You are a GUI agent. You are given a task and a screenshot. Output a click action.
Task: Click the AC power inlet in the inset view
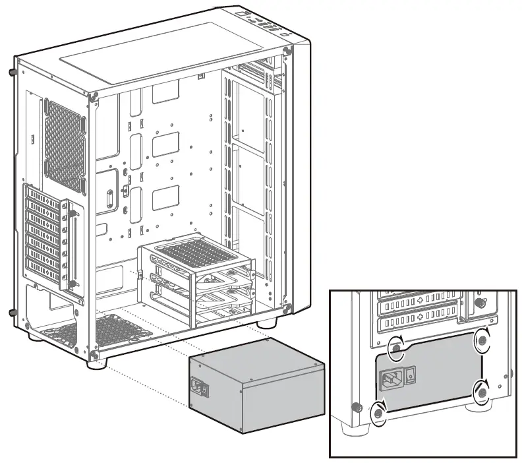click(x=390, y=378)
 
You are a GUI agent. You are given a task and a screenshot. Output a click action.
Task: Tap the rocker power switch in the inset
click(x=411, y=375)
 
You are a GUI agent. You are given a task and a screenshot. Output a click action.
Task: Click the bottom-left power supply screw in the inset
click(x=379, y=414)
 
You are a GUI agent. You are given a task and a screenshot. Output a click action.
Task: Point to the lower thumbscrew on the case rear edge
click(x=13, y=312)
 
